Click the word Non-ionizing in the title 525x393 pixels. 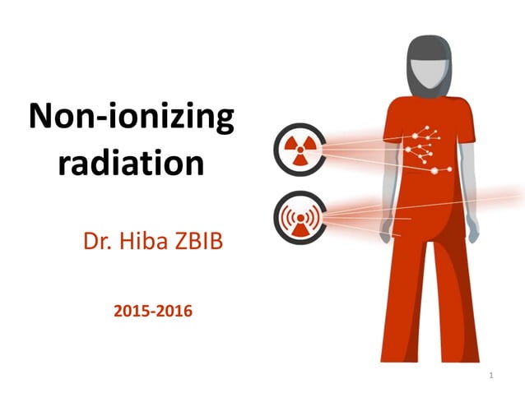coord(131,118)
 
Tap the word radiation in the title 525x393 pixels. coord(132,162)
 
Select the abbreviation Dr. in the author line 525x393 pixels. coord(97,242)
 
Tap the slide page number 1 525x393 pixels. coord(490,376)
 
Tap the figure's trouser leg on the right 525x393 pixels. coord(448,312)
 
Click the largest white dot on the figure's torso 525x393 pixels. coord(435,170)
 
